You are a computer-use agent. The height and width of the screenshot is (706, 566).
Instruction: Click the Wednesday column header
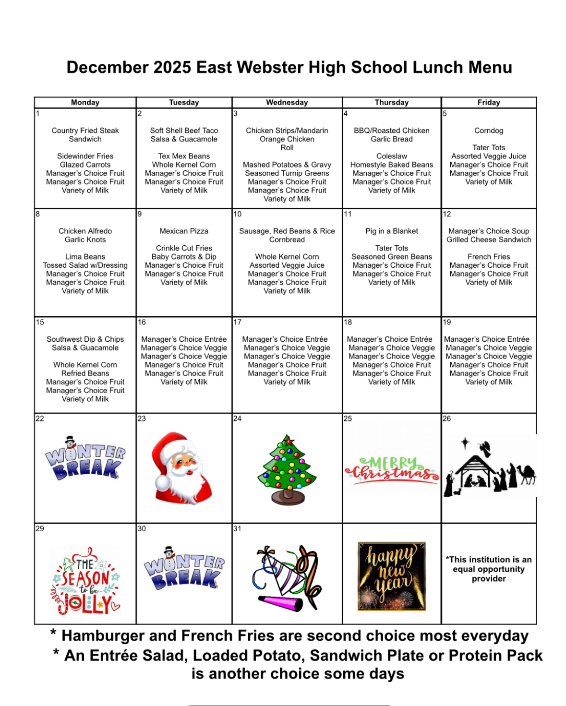[x=287, y=102]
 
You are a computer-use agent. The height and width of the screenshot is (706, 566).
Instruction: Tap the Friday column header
[x=489, y=102]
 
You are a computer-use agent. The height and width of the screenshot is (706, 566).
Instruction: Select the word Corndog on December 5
[x=489, y=131]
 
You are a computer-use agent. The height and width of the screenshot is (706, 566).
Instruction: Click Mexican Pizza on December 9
[x=184, y=231]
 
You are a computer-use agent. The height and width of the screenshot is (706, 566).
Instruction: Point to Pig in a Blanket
[x=392, y=231]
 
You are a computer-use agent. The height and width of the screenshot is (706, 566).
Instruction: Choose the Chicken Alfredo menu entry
[x=85, y=231]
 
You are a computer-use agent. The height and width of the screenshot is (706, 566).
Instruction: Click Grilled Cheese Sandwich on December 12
[x=489, y=239]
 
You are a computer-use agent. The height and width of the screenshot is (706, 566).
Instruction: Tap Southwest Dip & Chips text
[x=85, y=339]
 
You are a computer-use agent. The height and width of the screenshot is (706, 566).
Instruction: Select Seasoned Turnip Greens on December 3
[x=287, y=173]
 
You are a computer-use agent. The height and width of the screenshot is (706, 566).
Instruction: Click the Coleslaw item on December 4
[x=392, y=156]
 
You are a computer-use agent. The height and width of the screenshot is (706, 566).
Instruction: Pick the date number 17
[x=238, y=322]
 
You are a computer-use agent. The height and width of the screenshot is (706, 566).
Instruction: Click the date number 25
[x=348, y=419]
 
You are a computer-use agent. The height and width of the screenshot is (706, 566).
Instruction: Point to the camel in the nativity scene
[x=527, y=473]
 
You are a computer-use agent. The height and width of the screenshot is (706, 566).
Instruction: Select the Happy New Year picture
[x=392, y=576]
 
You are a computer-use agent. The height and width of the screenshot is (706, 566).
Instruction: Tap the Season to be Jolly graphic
[x=86, y=581]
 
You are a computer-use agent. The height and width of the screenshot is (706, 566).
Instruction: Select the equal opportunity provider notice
[x=489, y=569]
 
